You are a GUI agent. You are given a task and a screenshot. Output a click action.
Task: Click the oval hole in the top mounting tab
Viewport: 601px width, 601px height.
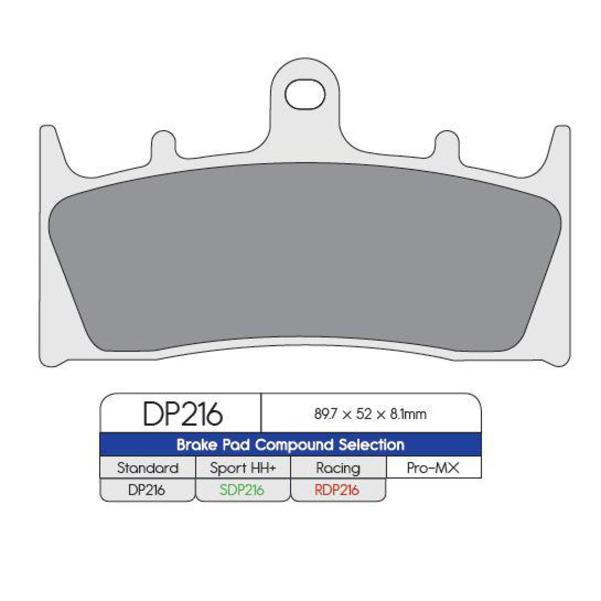(305, 94)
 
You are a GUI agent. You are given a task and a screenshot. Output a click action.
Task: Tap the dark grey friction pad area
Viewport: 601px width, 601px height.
(306, 255)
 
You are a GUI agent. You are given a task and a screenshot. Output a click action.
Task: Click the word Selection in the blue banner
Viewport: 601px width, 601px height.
(371, 445)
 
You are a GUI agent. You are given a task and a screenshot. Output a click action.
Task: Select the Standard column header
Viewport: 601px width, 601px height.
(147, 468)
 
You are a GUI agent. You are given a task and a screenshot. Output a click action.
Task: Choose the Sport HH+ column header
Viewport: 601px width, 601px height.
(242, 468)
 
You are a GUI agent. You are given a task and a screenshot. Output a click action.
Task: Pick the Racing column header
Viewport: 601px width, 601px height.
(338, 468)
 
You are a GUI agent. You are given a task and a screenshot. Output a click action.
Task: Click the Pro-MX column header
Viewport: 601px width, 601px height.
(433, 468)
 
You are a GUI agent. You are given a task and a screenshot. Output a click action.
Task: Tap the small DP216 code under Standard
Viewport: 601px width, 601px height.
(147, 490)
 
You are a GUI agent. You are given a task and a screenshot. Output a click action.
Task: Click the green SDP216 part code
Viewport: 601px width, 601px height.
(242, 490)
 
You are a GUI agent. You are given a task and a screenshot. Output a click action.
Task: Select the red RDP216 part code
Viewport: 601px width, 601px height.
(337, 490)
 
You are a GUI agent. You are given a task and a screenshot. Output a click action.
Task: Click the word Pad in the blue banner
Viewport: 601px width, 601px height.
(236, 445)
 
